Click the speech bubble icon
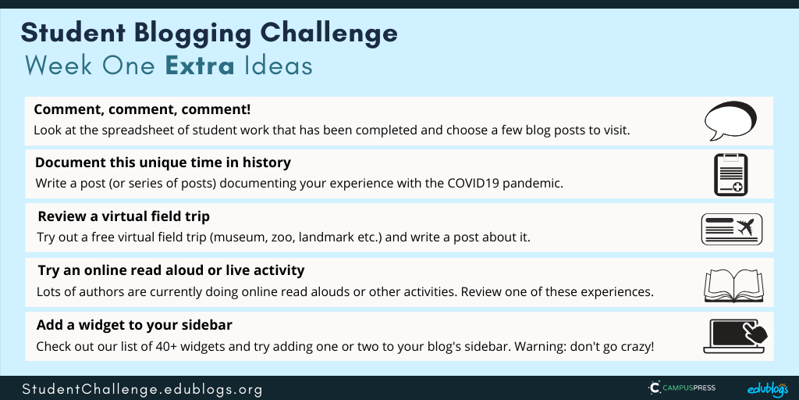[x=730, y=120]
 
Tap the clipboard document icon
[x=730, y=174]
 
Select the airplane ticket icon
[x=732, y=229]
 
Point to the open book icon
[x=733, y=285]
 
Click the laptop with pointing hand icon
[x=735, y=336]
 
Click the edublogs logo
[x=768, y=389]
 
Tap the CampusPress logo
[x=681, y=387]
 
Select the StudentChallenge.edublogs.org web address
[x=142, y=389]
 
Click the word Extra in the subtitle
[x=200, y=66]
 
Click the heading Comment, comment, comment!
[x=142, y=109]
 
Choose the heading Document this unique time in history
[x=163, y=162]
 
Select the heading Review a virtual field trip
[x=124, y=216]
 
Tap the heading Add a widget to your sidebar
[x=134, y=325]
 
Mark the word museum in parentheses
[x=236, y=237]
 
